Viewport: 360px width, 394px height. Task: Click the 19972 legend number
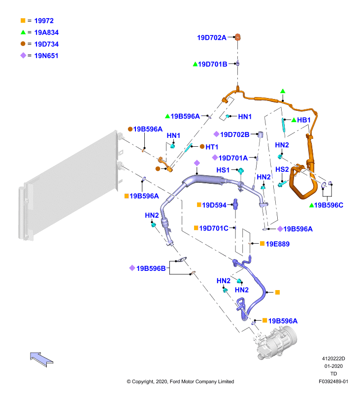44,21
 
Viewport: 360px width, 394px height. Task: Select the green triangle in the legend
23,32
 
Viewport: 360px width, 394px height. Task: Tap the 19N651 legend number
46,56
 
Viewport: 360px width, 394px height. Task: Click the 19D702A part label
212,37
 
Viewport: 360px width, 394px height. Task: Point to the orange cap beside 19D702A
238,37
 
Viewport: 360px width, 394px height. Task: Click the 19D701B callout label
213,64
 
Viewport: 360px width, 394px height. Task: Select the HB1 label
304,120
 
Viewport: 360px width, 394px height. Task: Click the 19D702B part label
234,134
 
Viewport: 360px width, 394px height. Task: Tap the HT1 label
212,147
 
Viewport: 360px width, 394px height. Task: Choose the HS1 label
223,170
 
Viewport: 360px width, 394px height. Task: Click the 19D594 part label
214,205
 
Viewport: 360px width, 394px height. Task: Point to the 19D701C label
214,228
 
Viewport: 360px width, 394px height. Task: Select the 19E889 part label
278,244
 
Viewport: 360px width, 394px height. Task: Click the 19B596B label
151,268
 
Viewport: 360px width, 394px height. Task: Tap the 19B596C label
328,205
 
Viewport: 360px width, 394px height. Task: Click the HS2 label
282,169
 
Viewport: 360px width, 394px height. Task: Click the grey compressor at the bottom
276,342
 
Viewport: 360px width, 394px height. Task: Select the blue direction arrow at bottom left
41,360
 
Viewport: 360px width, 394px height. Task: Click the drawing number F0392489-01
333,381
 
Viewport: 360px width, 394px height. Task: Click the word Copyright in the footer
143,381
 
